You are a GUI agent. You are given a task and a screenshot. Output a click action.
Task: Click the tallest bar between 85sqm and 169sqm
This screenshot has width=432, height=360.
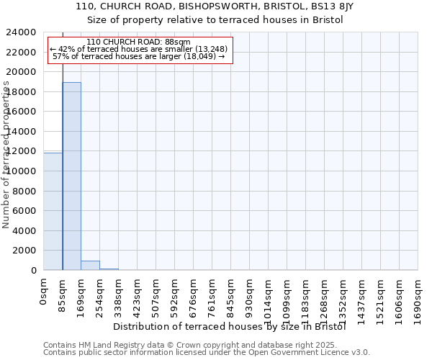71,176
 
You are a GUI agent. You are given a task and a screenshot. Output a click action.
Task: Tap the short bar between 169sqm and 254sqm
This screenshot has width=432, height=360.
90,265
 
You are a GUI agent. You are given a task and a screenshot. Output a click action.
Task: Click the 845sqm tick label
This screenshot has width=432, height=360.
231,295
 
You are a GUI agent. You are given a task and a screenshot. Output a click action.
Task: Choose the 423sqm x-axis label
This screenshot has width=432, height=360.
138,295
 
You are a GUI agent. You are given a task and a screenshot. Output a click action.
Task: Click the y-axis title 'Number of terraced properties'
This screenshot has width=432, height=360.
6,155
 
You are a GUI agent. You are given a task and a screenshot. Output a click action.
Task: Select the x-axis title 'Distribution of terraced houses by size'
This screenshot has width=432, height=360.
230,326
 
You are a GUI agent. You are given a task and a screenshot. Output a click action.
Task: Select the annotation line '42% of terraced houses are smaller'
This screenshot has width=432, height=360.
139,49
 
